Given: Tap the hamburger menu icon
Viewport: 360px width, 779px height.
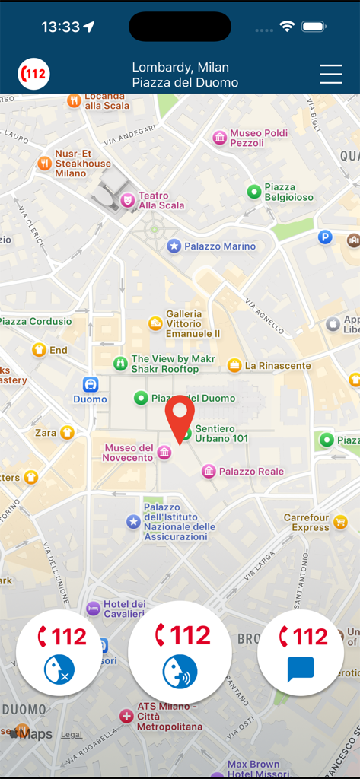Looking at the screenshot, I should (331, 74).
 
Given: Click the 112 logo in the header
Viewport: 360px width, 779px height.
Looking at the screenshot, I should (33, 74).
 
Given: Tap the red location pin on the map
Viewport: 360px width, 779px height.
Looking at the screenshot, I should (180, 416).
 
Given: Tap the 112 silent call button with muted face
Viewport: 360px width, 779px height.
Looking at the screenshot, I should (58, 652).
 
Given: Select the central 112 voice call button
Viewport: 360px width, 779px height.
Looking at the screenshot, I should (180, 652).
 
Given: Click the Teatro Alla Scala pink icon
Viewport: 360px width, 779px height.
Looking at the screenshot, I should (127, 199).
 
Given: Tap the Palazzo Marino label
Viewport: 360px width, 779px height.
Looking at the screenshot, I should (219, 246).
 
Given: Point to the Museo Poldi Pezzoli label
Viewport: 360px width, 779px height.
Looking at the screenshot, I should (259, 138).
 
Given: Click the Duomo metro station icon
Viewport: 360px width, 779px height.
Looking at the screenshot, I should (91, 384).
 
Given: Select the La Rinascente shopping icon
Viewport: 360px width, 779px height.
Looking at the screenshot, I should (234, 365).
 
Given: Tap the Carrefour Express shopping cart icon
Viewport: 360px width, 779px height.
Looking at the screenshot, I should (340, 522).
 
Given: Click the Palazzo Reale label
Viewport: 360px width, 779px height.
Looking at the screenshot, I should (251, 472).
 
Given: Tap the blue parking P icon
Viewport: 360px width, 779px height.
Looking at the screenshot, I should (325, 237).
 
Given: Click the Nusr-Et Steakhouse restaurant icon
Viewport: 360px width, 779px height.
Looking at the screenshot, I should (45, 163).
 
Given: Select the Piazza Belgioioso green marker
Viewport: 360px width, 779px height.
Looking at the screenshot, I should (254, 192).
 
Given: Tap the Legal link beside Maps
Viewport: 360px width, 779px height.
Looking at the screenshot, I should (72, 735).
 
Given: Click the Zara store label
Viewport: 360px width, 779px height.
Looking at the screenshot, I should (46, 433).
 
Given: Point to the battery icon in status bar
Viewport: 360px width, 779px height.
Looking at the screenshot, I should (314, 27).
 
